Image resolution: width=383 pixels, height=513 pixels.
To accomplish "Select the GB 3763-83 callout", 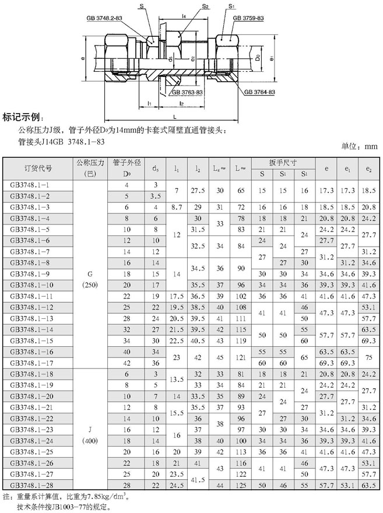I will point(187,92).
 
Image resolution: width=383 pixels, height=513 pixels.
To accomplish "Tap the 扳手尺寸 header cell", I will point(283,162).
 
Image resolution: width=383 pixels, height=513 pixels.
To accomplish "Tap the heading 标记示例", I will point(23,115).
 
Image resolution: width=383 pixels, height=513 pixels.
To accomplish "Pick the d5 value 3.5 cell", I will point(155,195).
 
